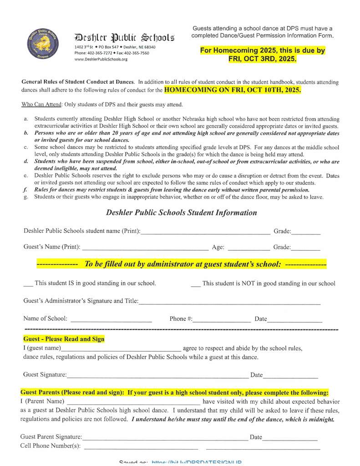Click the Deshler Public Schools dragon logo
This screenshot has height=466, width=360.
click(x=42, y=43)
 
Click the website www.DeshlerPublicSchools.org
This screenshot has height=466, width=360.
click(x=101, y=59)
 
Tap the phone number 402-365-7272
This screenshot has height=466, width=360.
click(x=100, y=53)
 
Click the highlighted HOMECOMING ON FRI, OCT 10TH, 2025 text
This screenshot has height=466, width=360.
click(x=233, y=90)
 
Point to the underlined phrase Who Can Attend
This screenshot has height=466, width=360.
click(x=42, y=104)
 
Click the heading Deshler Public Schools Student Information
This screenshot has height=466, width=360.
click(x=181, y=213)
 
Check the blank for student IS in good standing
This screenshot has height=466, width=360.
click(x=28, y=284)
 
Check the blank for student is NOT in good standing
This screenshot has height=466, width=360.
click(x=195, y=284)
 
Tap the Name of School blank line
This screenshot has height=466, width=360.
click(x=111, y=321)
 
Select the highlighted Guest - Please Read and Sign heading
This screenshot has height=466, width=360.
click(x=64, y=339)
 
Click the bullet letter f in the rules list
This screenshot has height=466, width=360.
click(x=25, y=190)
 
